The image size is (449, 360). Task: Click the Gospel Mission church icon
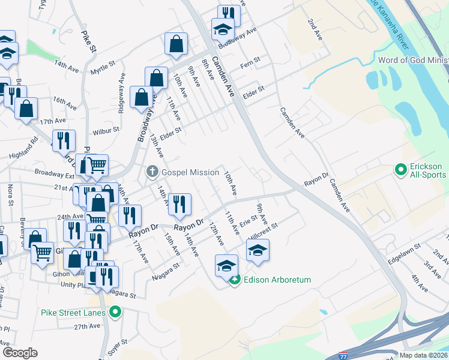[x=152, y=172]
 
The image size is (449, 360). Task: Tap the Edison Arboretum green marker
[x=237, y=280]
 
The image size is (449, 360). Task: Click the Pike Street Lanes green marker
[x=116, y=312]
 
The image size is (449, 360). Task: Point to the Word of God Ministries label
[x=413, y=60]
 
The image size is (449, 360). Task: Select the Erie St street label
[x=248, y=221]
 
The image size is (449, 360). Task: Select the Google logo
[x=20, y=353]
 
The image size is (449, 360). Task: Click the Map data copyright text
[x=424, y=355]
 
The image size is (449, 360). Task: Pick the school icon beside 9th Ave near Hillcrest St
[x=258, y=250]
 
